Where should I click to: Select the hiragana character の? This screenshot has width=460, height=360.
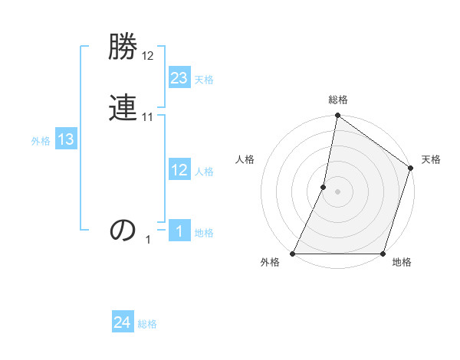[x=123, y=230]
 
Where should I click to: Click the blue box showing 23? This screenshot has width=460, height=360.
[x=179, y=78]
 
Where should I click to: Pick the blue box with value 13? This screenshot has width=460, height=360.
[x=66, y=139]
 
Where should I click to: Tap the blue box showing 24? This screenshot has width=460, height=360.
[x=123, y=323]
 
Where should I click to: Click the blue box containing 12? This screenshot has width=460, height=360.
[x=179, y=170]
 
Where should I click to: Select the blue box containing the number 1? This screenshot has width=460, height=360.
[x=179, y=231]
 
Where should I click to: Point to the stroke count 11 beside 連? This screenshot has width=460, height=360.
[x=148, y=117]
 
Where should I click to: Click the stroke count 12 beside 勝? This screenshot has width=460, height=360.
[x=148, y=57]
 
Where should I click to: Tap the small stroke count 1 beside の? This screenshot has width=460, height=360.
[x=149, y=240]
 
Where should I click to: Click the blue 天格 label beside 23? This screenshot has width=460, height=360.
[x=204, y=80]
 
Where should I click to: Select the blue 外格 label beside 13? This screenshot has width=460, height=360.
[x=41, y=141]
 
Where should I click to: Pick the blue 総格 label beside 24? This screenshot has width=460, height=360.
[x=147, y=325]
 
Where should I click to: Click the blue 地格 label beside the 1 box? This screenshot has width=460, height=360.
[x=204, y=233]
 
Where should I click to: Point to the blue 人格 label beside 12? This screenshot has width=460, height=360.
[x=204, y=172]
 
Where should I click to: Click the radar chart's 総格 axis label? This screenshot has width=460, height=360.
[x=337, y=100]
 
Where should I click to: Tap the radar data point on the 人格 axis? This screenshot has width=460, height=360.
[x=324, y=187]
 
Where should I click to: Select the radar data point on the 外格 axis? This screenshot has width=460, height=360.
[x=293, y=254]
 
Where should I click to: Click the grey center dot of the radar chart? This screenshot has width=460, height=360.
[x=337, y=191]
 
